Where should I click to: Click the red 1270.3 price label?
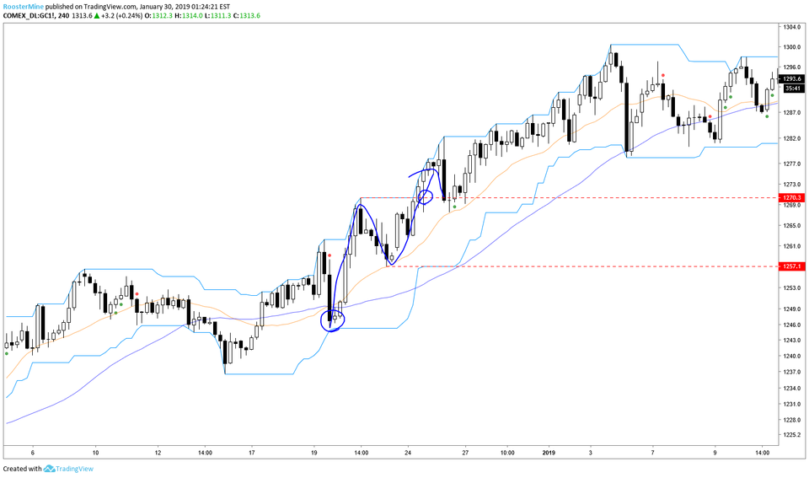791,197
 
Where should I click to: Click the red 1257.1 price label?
791,266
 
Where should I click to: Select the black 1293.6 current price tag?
791,78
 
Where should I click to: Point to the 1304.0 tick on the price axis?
791,28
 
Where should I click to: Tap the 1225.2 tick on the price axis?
791,435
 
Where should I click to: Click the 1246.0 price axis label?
791,325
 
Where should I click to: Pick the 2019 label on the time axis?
549,451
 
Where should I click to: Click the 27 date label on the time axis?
465,451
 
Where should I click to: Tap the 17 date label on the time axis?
252,451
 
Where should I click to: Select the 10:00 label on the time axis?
507,451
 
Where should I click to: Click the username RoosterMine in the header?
25,5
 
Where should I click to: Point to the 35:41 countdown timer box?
791,88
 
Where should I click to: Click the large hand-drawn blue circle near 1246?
334,320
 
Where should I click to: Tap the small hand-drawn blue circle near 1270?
425,196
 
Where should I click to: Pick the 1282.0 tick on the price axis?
791,138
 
